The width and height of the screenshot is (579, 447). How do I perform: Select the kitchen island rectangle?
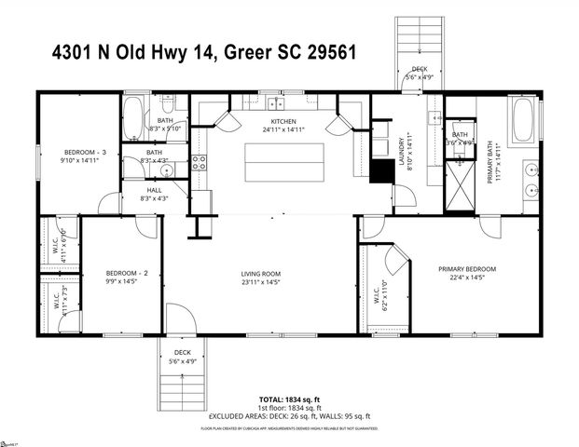tap(284, 163)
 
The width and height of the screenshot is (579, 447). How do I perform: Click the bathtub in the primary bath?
tap(522, 121)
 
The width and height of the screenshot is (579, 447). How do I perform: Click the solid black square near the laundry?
tap(381, 172)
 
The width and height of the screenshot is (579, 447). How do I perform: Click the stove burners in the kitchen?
tap(198, 166)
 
